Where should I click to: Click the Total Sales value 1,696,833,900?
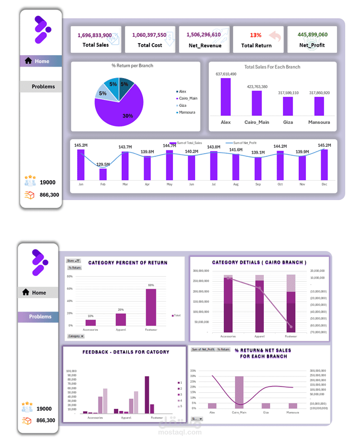(95, 35)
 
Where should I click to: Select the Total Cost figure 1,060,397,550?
(149, 35)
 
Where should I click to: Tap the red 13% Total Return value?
(255, 35)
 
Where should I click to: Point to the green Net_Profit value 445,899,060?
(313, 35)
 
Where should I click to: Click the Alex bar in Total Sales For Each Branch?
(226, 97)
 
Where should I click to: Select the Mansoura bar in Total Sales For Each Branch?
(319, 106)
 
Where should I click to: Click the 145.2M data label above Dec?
(324, 145)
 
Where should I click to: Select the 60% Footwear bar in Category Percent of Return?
(151, 307)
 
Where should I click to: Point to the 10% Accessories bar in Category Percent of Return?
(90, 322)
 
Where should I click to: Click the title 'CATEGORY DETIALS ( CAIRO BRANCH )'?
(259, 263)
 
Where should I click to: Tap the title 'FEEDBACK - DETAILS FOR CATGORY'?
(125, 352)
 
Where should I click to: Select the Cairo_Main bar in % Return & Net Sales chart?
(239, 392)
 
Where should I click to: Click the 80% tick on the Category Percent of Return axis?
(70, 276)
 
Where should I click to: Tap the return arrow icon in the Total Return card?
(275, 36)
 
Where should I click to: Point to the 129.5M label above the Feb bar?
(103, 164)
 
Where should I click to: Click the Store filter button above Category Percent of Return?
(73, 261)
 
